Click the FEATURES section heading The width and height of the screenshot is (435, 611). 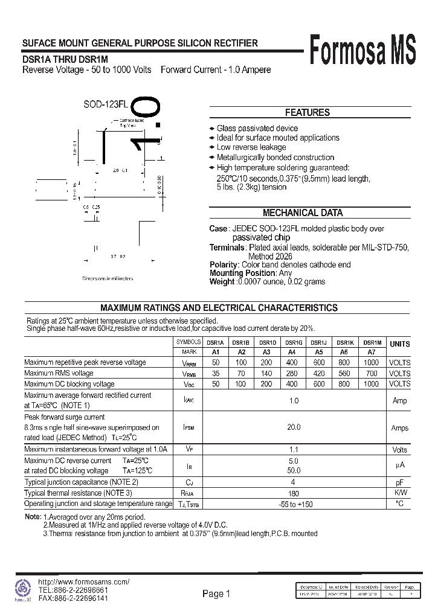tap(307, 112)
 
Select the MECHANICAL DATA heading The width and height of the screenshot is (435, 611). tap(303, 213)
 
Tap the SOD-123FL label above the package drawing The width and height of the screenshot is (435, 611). tap(106, 104)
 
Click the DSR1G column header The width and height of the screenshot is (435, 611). tap(292, 342)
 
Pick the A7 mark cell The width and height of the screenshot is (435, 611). tap(372, 352)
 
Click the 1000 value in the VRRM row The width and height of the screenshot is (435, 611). tap(372, 362)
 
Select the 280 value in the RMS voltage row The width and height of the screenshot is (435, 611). tap(292, 373)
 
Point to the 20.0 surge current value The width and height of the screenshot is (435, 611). tap(294, 427)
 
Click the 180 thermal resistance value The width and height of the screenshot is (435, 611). tap(294, 493)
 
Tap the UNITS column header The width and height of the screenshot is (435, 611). tap(399, 344)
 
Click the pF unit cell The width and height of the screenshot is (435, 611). tap(399, 482)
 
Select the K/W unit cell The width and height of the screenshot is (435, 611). tap(399, 493)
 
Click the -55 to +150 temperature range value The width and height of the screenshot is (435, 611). tap(294, 504)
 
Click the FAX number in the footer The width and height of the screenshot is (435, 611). tap(73, 598)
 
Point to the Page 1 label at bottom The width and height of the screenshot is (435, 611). tap(216, 594)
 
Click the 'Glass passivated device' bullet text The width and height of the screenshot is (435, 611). tap(257, 128)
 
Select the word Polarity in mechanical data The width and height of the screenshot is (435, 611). tap(224, 264)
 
